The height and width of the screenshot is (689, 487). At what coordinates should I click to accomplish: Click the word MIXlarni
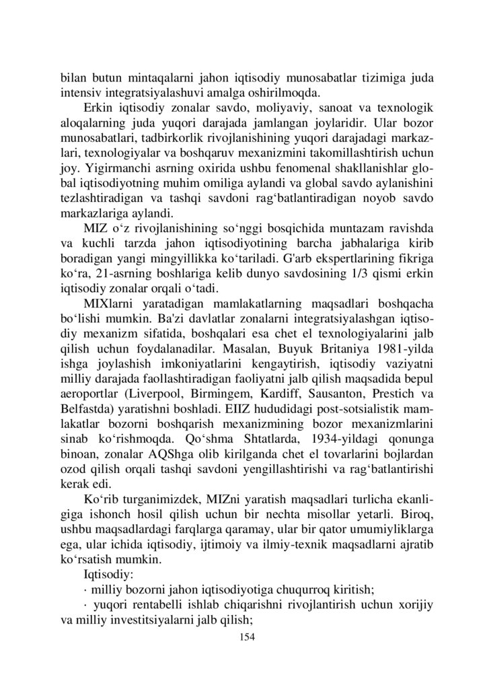pos(110,310)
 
